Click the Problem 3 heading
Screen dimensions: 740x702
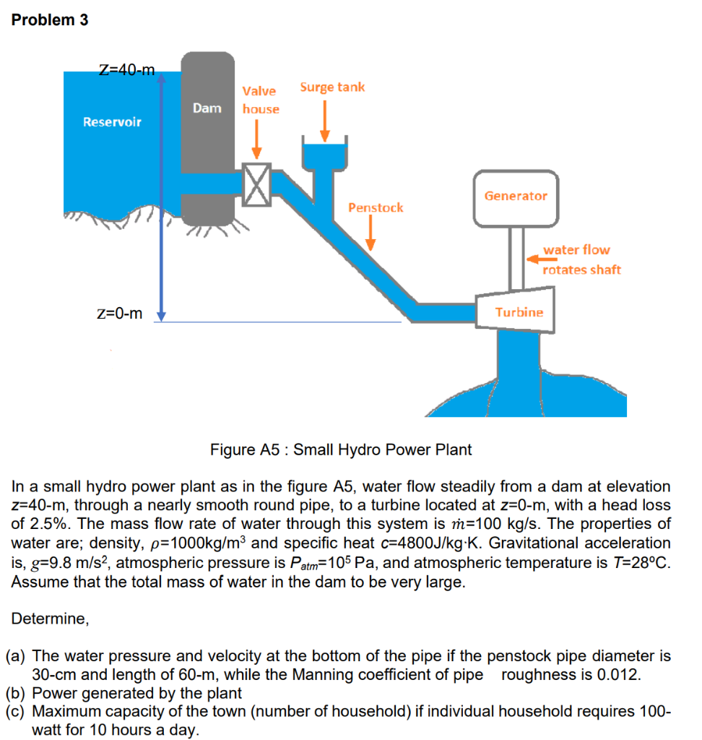pos(50,20)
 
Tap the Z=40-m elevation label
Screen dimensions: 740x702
pos(126,70)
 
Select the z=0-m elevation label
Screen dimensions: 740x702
pos(119,313)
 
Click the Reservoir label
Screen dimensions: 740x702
pos(112,121)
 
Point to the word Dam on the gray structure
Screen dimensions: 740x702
pos(207,108)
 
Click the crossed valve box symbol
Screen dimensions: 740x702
pos(256,184)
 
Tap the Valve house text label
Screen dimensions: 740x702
pos(260,100)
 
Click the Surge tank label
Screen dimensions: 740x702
pos(332,87)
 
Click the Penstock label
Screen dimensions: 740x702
pos(376,207)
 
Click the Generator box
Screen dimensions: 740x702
pos(516,196)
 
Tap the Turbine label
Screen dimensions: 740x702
pos(519,312)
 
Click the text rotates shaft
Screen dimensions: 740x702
pos(581,270)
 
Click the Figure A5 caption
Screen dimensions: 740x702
pos(341,449)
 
